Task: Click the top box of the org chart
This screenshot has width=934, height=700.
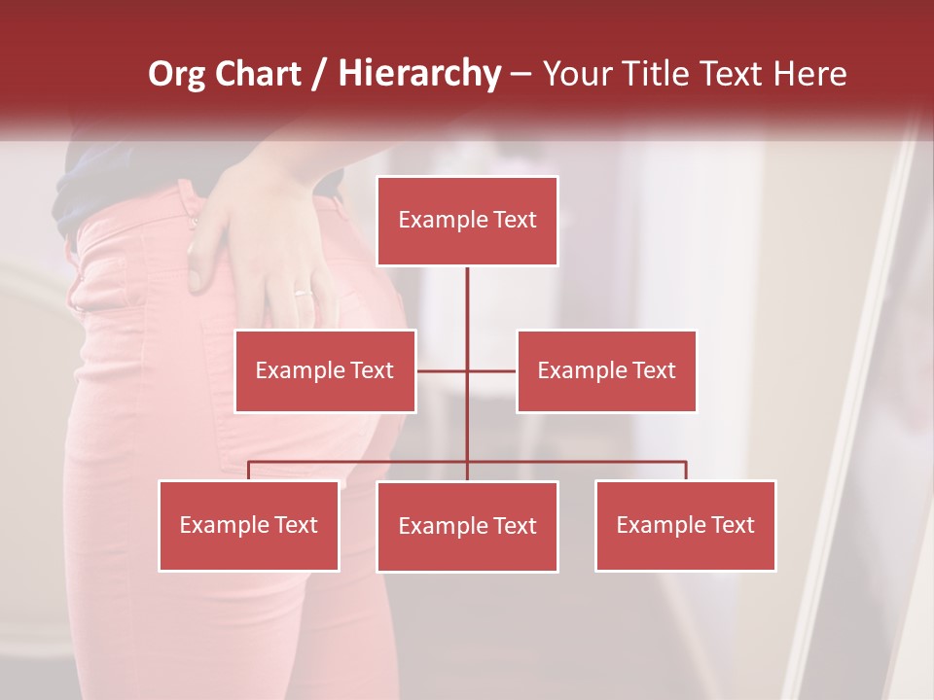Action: click(467, 221)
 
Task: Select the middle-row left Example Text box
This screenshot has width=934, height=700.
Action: click(325, 370)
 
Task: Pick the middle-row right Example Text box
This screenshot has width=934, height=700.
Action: click(606, 370)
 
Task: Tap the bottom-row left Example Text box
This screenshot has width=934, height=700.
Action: click(248, 525)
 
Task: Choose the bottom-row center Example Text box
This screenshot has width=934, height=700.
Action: click(467, 526)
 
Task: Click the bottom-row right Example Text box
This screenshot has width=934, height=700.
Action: click(685, 525)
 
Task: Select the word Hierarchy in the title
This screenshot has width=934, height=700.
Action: click(418, 74)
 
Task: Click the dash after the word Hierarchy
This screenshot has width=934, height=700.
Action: click(521, 74)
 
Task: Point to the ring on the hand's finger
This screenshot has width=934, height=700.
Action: click(304, 292)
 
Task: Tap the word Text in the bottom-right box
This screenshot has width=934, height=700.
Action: click(733, 525)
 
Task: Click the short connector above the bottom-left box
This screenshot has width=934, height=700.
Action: click(248, 471)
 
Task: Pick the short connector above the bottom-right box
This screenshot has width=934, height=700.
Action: click(685, 471)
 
